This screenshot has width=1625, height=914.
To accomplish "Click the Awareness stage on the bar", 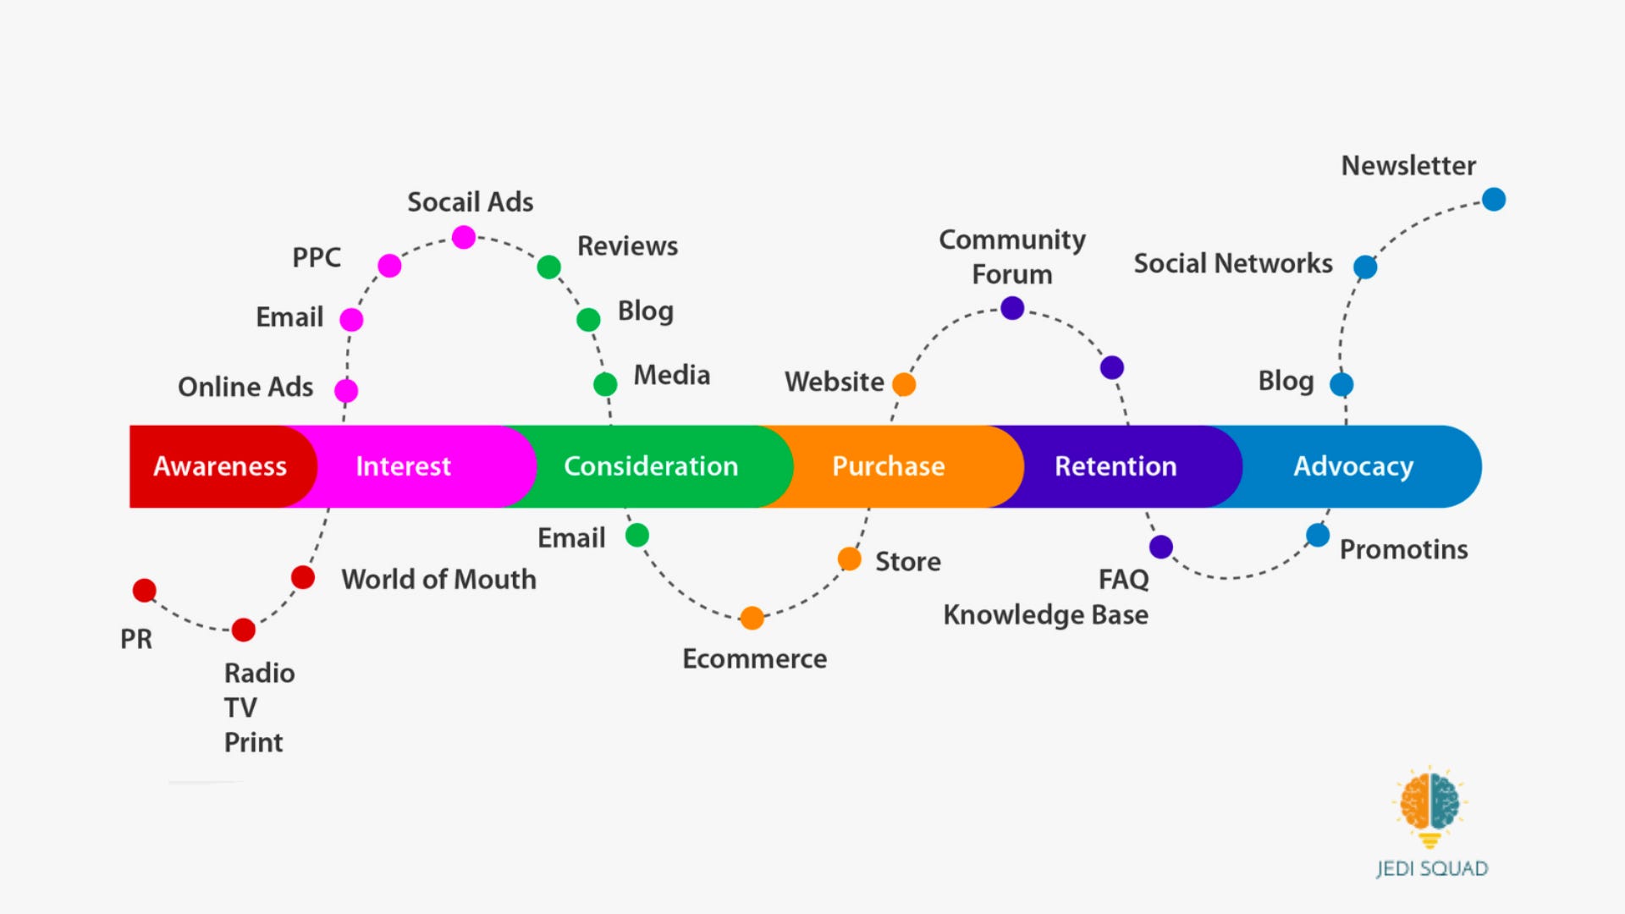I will click(219, 466).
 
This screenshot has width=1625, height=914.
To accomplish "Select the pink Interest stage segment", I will click(403, 466).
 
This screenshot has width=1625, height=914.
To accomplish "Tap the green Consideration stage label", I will click(651, 466).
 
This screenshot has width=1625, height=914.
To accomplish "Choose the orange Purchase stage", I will click(888, 466).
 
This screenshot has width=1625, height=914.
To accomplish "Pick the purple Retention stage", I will click(1115, 466).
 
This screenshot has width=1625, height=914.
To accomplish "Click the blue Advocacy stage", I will click(1352, 466).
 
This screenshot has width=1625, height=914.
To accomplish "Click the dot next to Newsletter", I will click(1494, 200).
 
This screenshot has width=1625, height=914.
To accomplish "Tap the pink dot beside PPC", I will click(389, 266).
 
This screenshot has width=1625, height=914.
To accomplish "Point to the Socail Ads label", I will click(470, 202).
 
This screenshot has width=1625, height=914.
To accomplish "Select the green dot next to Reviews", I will click(548, 267).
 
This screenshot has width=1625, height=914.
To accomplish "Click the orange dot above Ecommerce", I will click(752, 618).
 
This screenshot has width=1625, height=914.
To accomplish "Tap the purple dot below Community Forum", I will click(1012, 308).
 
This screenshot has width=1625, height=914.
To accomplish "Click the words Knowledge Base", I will click(1045, 614).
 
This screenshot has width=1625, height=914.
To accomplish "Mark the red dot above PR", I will click(145, 590).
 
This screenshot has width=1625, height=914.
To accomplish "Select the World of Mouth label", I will click(438, 580).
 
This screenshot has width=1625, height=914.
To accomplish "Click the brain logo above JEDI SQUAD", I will click(1429, 802).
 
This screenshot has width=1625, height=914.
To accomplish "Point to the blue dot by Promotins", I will click(1318, 535).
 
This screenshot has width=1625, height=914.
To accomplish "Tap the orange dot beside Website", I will click(904, 384).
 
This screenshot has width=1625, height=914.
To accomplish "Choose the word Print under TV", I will click(253, 742).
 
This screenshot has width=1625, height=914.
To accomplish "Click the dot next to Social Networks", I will click(1365, 267).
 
